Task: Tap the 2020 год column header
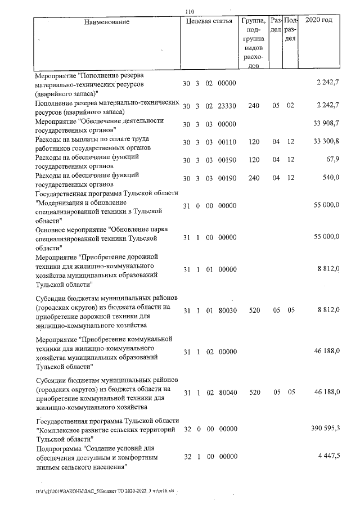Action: [x=318, y=21]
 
